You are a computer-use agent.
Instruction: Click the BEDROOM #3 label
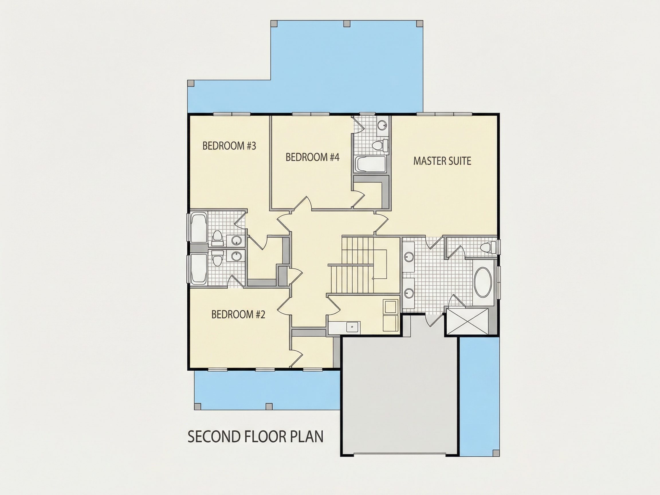point(229,146)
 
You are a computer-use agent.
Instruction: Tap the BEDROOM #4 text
point(313,157)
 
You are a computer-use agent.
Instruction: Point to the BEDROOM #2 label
point(238,315)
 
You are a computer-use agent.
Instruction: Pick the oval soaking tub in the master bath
point(482,282)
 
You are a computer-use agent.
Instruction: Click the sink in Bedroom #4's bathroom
point(382,125)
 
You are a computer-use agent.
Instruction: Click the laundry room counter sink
point(353,327)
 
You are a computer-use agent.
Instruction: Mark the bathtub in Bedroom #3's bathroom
point(199,227)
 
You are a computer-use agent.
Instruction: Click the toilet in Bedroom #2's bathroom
point(217,258)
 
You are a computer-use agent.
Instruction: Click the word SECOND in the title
point(214,437)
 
